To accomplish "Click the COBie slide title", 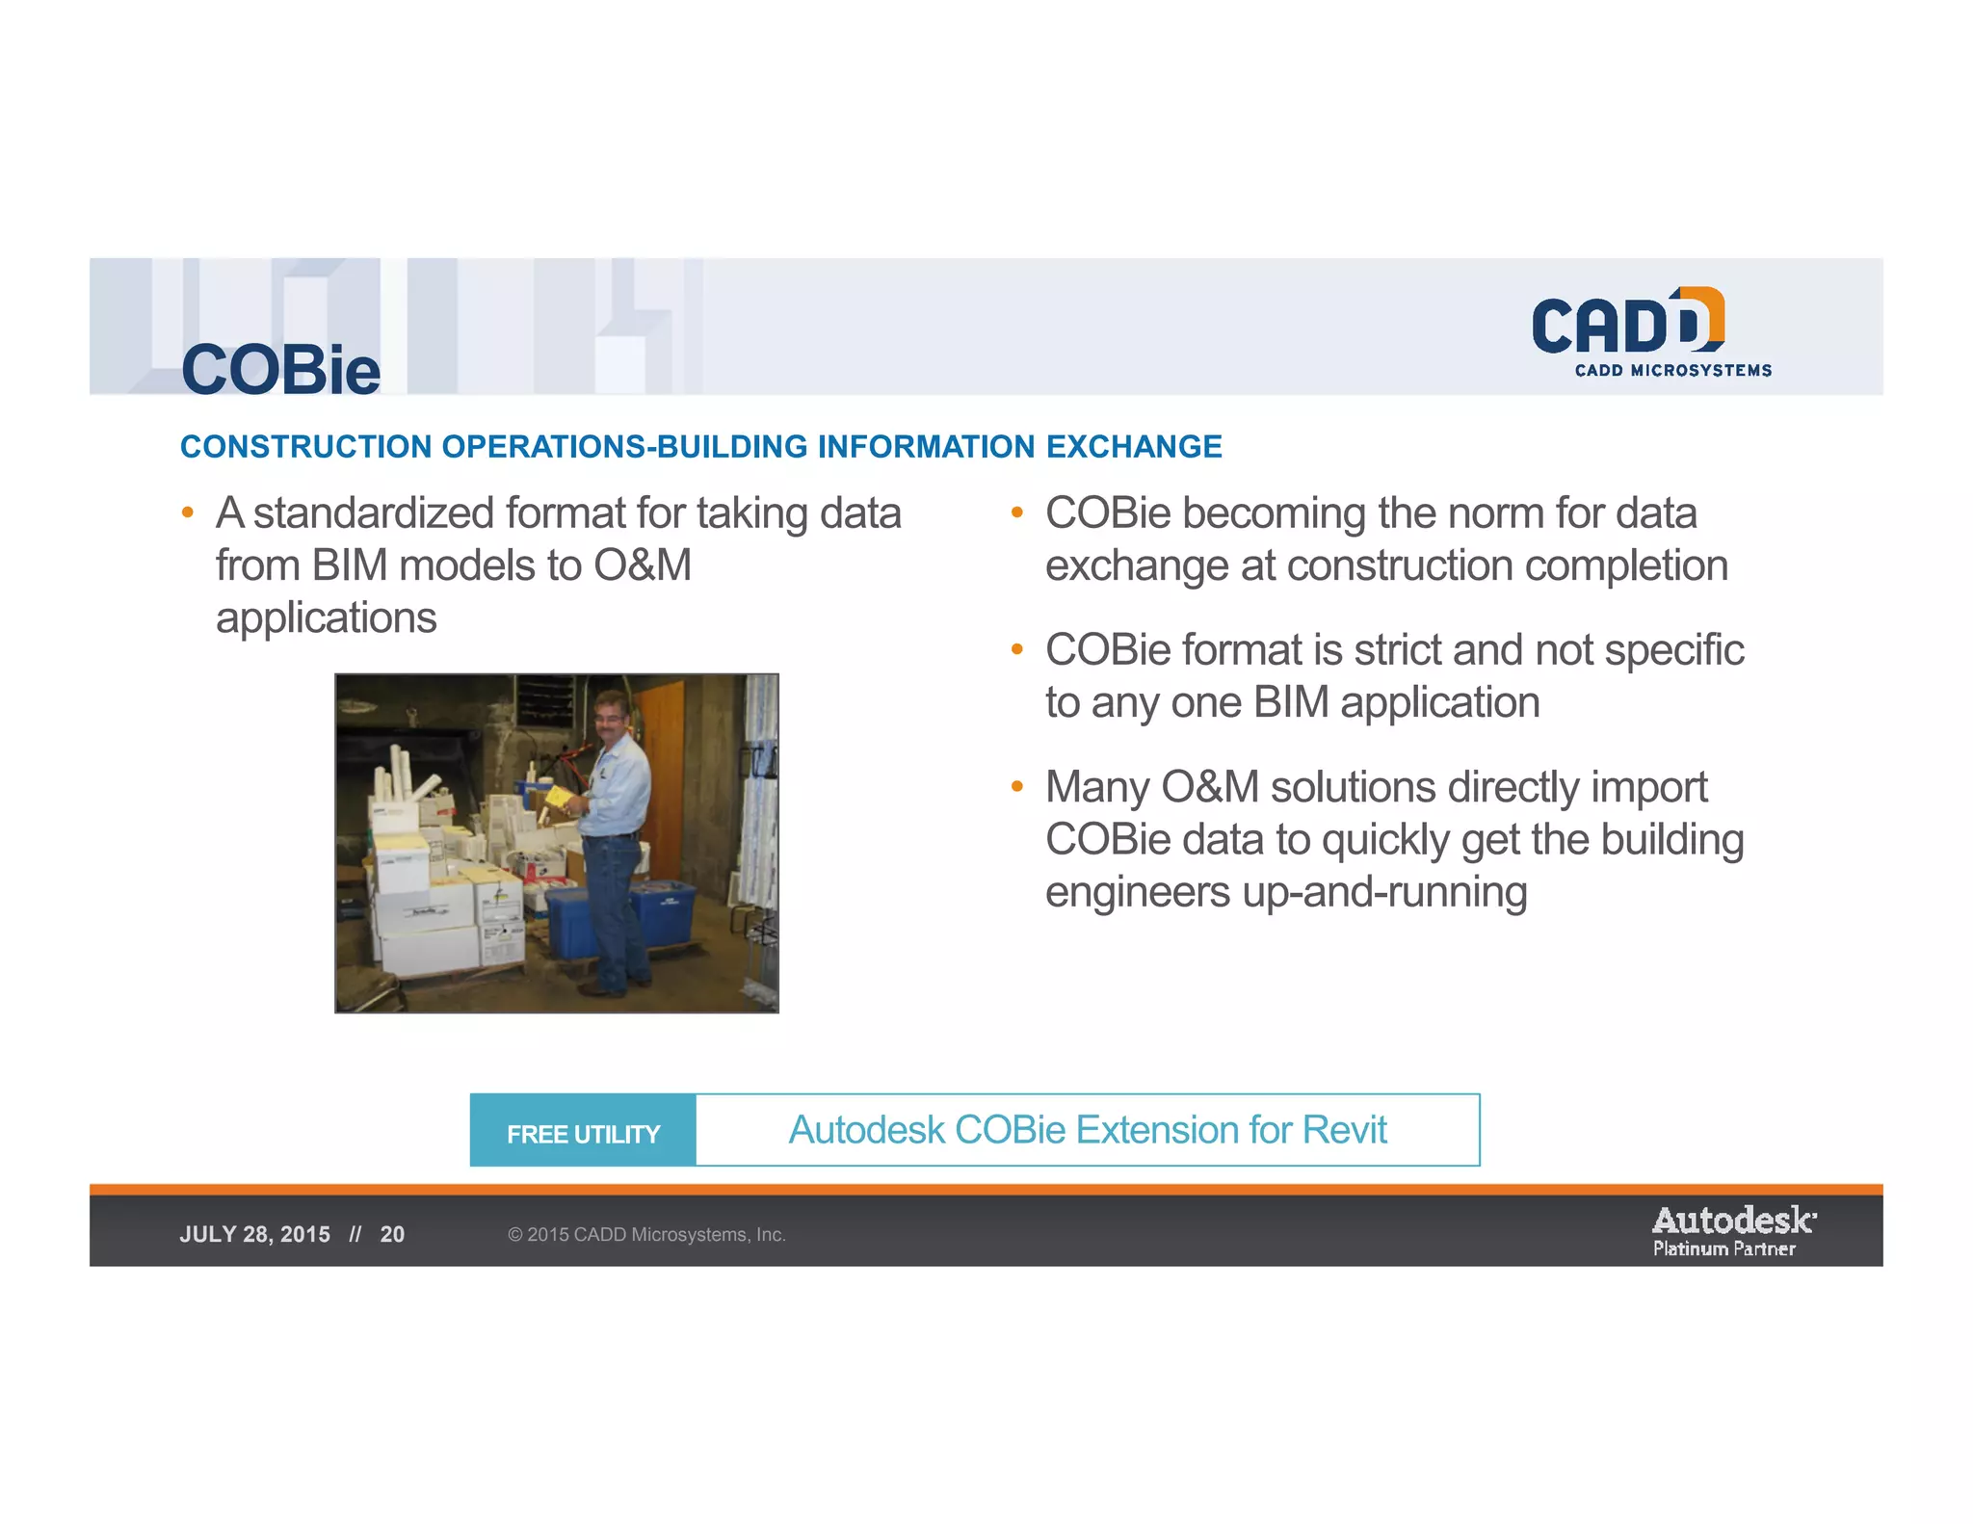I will (280, 370).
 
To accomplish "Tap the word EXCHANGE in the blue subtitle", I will (1133, 447).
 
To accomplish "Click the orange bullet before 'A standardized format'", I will (188, 512).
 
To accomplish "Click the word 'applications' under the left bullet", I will (326, 617).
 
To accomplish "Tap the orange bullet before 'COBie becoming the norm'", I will (1016, 512).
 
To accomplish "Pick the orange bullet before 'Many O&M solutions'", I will (1016, 787).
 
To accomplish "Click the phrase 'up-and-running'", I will (1383, 892).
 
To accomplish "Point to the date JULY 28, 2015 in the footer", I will (254, 1235).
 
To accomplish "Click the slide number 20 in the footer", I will (392, 1235).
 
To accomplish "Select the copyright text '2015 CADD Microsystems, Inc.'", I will (655, 1235).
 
